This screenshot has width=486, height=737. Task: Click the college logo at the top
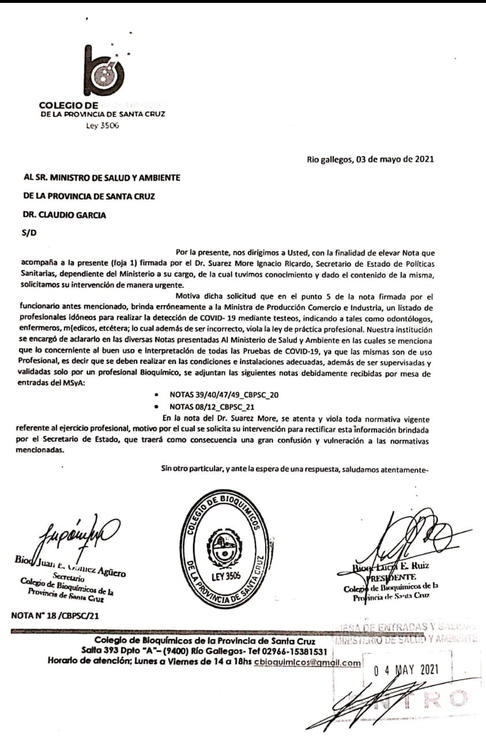tap(105, 71)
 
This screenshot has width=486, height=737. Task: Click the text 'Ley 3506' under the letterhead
tap(102, 126)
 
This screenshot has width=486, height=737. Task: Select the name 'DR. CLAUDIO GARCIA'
tap(64, 215)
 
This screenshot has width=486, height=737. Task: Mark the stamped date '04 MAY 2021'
tap(406, 670)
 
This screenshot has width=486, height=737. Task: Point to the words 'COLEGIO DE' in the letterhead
tap(69, 105)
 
